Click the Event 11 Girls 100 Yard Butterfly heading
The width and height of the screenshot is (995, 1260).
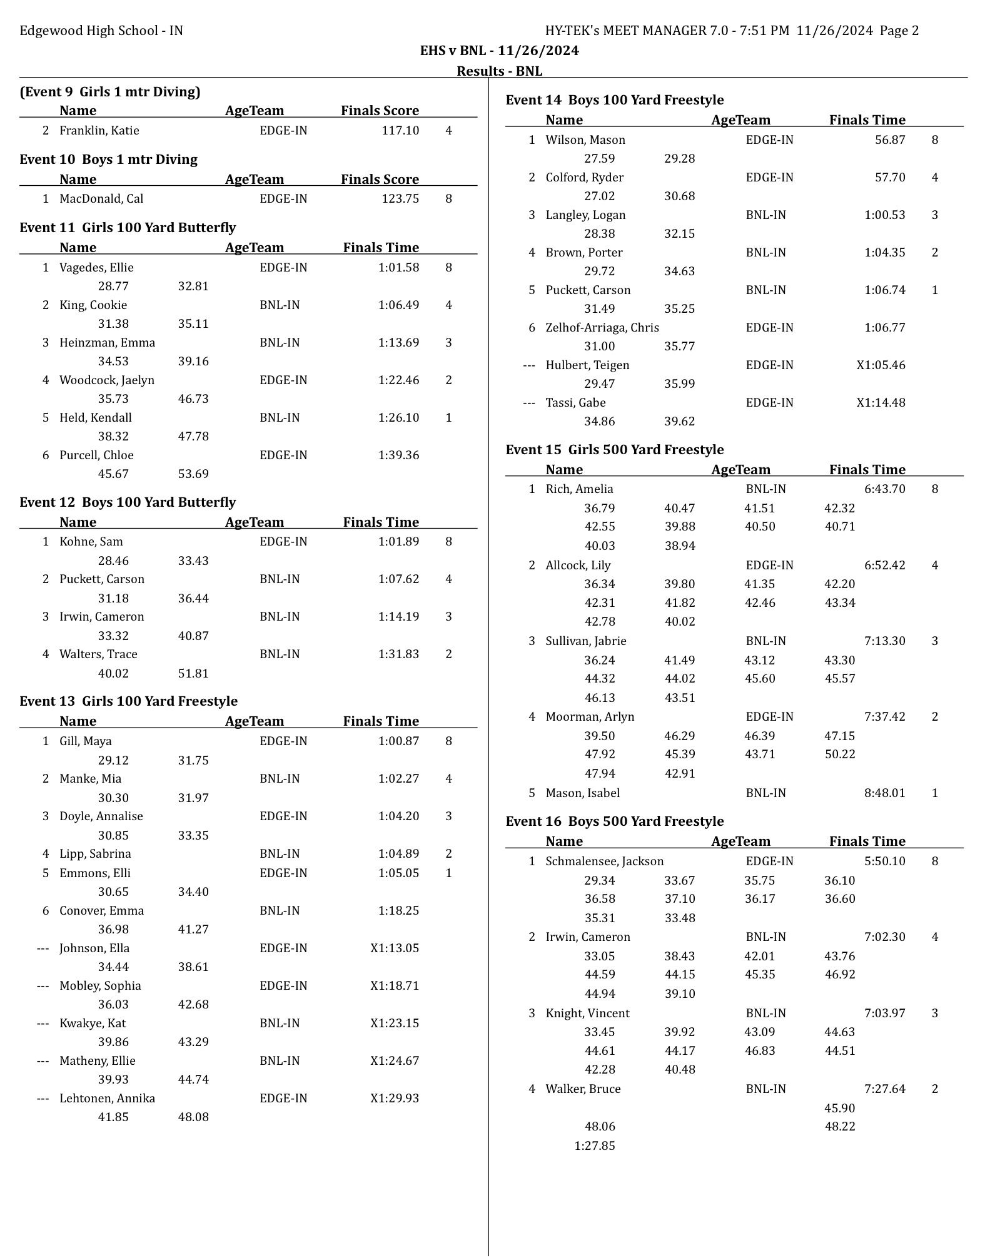click(128, 228)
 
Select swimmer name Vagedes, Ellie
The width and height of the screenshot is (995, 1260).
click(96, 268)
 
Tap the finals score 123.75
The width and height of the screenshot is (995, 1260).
click(400, 199)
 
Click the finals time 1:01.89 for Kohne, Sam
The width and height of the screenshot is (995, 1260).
click(398, 542)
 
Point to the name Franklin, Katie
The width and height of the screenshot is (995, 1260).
click(99, 131)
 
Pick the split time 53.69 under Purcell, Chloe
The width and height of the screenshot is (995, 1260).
click(193, 474)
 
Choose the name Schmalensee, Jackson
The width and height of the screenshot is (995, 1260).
click(604, 861)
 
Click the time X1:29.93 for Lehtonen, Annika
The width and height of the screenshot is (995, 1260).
click(395, 1099)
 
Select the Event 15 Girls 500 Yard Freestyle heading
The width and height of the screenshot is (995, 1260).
click(614, 450)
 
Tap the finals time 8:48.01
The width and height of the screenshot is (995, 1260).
click(884, 793)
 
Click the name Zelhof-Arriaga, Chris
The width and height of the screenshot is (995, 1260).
click(602, 328)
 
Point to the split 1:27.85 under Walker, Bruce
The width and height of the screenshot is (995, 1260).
click(594, 1146)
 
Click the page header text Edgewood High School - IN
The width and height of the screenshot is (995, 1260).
click(101, 31)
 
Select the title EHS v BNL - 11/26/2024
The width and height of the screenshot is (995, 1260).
click(499, 51)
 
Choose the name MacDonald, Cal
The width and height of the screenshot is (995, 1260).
click(101, 199)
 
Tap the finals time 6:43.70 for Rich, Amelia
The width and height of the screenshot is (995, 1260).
click(884, 489)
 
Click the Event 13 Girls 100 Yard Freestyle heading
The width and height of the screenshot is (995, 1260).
click(128, 701)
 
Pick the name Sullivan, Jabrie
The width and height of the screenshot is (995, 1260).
click(585, 641)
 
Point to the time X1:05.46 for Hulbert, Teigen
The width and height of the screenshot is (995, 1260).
click(881, 365)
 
